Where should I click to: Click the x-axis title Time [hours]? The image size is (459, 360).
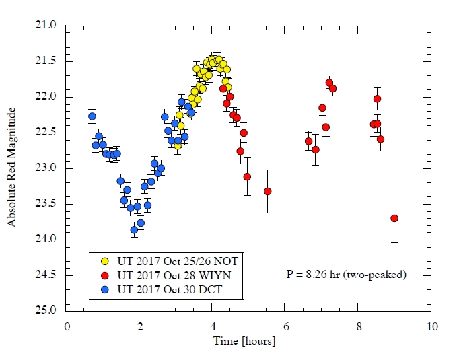point(249,341)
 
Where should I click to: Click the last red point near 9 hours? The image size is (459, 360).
point(394,218)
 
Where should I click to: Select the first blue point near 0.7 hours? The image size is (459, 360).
point(92,116)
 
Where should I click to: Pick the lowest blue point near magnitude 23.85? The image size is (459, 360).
point(134,229)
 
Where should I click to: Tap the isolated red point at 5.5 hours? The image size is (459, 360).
point(267,191)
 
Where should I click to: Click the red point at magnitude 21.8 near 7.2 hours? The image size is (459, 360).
point(329,83)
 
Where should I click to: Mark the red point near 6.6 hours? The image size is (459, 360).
point(308,141)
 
